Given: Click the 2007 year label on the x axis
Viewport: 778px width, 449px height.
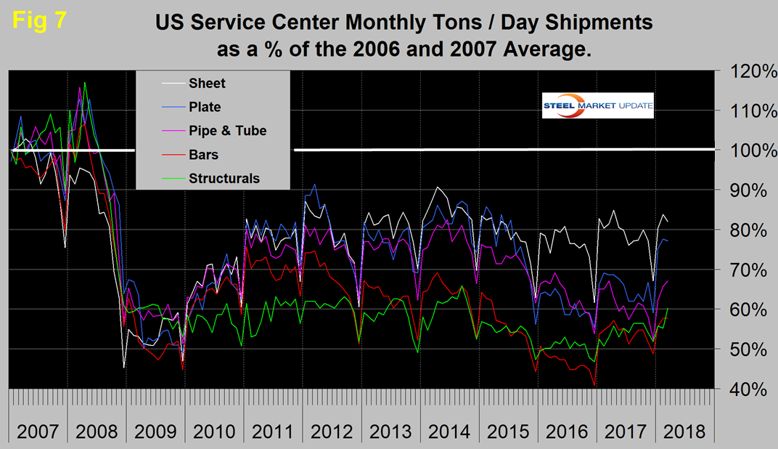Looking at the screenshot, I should [38, 431].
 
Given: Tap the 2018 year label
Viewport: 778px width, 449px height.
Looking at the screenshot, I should [684, 431].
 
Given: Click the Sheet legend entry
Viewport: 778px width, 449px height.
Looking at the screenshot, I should [206, 83].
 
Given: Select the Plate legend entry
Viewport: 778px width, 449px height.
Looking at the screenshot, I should [205, 107].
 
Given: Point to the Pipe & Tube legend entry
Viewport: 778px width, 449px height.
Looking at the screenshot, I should [227, 131].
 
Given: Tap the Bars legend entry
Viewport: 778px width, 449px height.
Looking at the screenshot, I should [203, 155].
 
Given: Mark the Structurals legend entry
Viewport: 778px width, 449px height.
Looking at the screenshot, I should [224, 178].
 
